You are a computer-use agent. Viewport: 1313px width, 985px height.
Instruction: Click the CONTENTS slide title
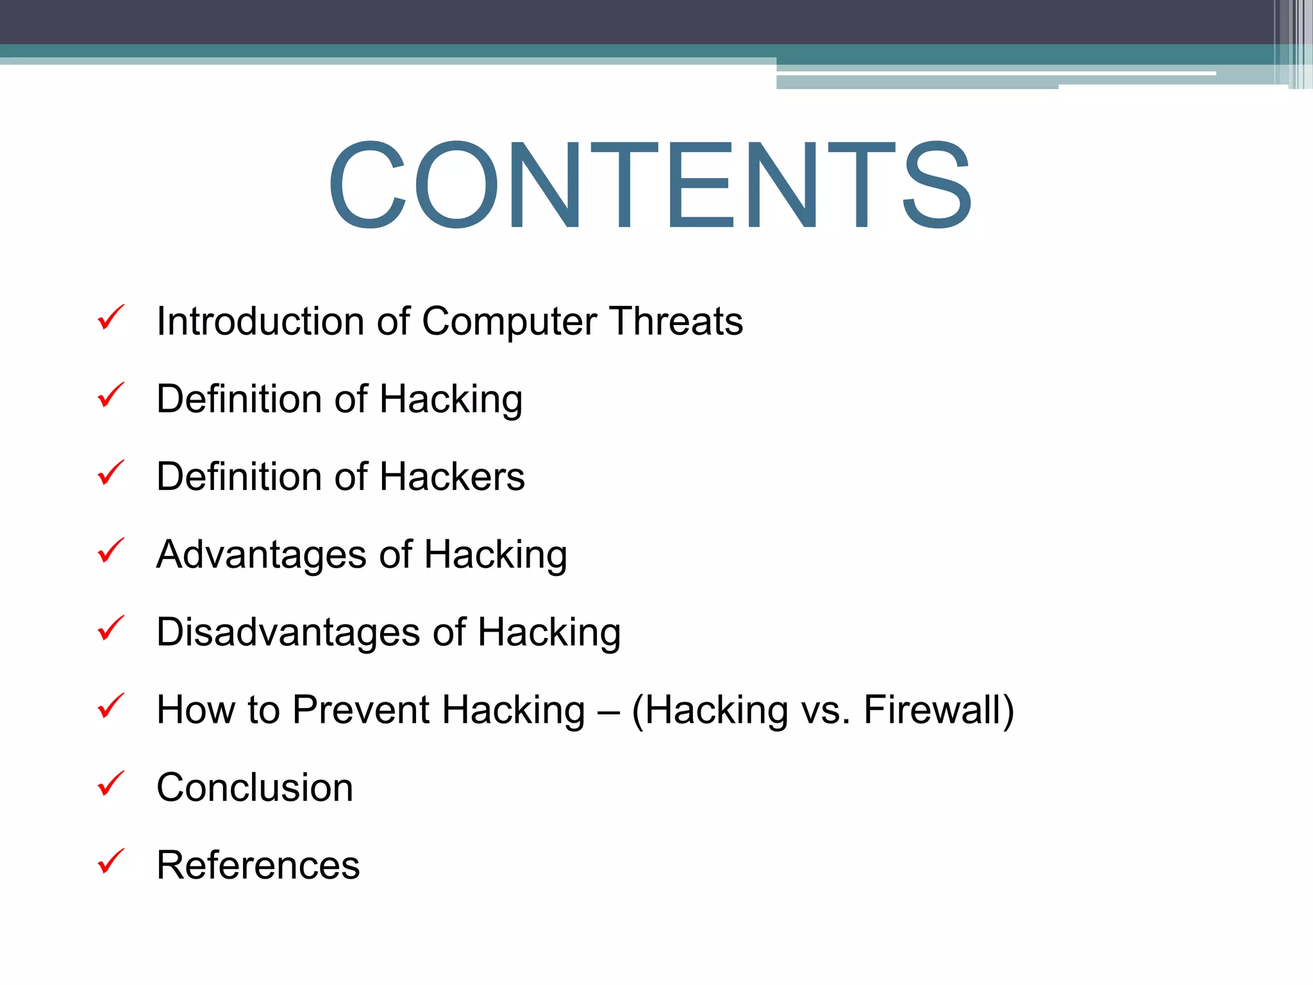(x=650, y=185)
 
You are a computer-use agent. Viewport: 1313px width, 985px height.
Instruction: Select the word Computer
(x=510, y=322)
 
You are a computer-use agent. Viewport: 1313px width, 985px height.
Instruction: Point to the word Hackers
(x=453, y=476)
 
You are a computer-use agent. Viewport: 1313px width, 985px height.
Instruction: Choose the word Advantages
(x=262, y=555)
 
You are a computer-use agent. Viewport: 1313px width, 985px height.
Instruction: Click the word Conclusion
(x=255, y=787)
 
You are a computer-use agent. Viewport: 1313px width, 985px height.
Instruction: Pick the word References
(x=258, y=865)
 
